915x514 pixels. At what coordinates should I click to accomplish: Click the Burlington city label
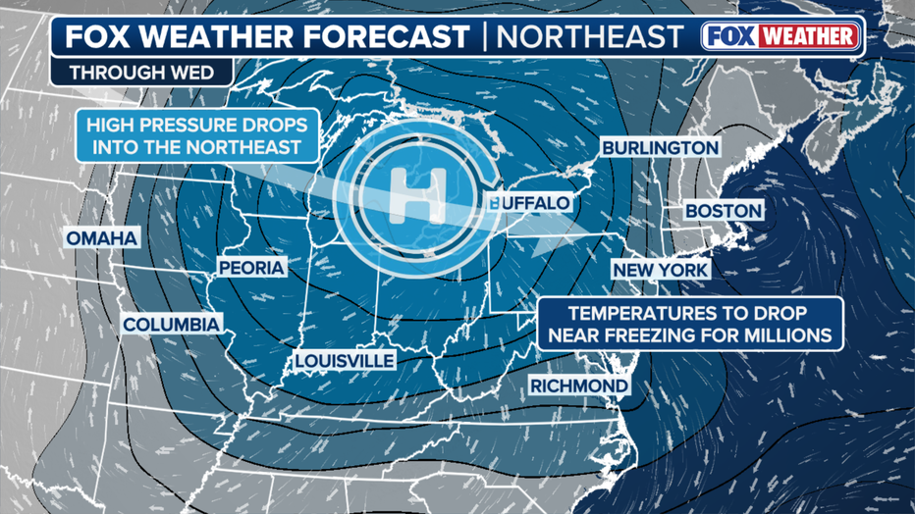click(x=661, y=147)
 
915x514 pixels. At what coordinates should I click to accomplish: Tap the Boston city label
click(x=723, y=211)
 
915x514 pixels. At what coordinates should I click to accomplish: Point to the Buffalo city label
click(x=530, y=203)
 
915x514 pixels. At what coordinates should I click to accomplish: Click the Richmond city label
click(x=579, y=385)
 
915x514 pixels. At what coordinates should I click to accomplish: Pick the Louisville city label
click(x=345, y=361)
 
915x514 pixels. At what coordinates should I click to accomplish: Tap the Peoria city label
click(x=251, y=268)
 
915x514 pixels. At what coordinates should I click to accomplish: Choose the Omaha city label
click(x=102, y=238)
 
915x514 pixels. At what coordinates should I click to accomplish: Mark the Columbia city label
click(x=172, y=325)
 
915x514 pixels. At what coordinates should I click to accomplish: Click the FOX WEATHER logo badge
click(x=781, y=37)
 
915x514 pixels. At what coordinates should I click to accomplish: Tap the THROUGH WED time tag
click(x=131, y=73)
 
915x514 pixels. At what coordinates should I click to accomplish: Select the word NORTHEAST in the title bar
click(x=590, y=37)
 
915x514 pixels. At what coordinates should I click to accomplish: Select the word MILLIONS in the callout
click(x=788, y=335)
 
